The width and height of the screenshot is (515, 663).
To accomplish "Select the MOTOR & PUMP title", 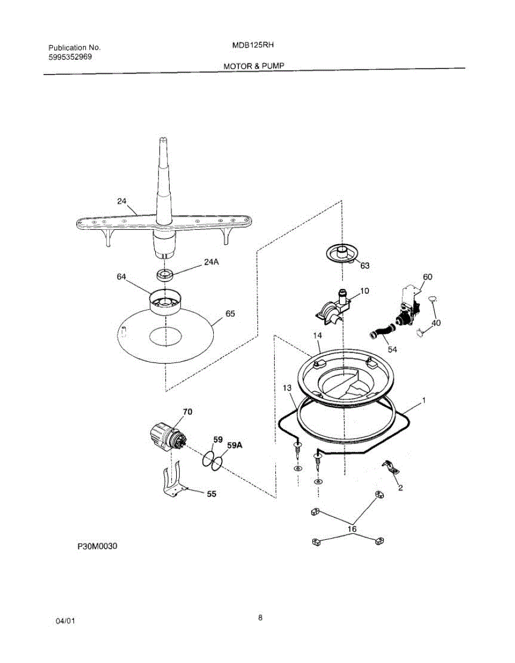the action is [x=254, y=66].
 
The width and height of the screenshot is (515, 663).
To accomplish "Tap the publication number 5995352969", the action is [x=70, y=56].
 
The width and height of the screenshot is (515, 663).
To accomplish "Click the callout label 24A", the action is [x=212, y=262].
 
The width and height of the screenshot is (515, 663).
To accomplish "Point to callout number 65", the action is [x=230, y=314].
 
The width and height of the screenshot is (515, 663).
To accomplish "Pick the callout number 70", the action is [x=188, y=412].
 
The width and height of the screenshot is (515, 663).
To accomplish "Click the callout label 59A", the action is [x=234, y=444].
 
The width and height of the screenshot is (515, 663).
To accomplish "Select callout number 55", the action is [x=211, y=494].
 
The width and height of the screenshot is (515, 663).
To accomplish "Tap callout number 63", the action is [x=365, y=265].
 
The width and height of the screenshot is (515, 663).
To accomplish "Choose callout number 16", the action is [x=352, y=529].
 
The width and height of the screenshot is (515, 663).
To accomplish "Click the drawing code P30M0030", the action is [x=98, y=546].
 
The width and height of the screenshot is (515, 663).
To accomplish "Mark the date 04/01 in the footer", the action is [x=66, y=622].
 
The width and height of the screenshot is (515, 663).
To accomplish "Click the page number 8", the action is [x=260, y=618].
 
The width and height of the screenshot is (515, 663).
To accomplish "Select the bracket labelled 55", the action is [x=174, y=482].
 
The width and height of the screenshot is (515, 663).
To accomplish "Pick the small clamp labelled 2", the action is [x=390, y=469].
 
